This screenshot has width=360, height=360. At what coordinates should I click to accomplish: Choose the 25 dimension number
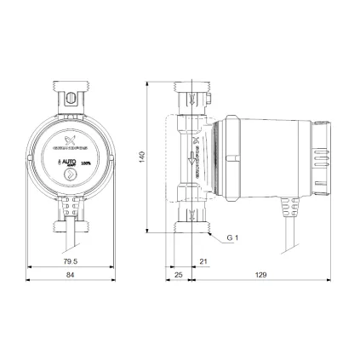(x=180, y=277)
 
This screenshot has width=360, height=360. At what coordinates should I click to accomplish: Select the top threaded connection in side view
(x=191, y=92)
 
